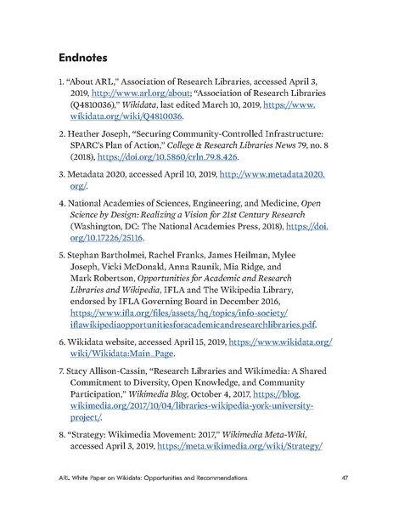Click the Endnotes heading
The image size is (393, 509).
tap(93, 59)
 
